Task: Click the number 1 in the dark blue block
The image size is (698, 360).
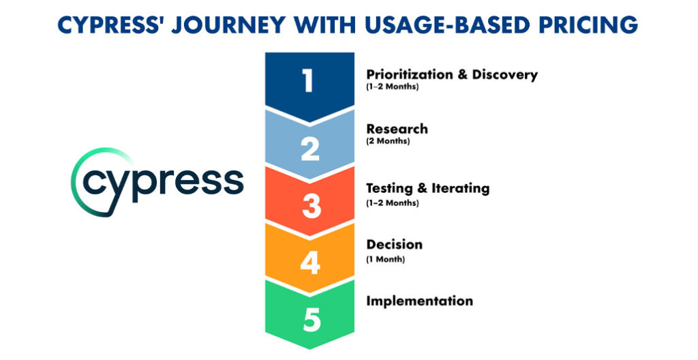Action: coord(309,80)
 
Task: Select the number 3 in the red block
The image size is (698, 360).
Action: coord(311,207)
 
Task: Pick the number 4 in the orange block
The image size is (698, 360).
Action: coord(310,263)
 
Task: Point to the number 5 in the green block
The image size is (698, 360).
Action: coord(311,320)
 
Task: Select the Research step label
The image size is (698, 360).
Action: coord(397,129)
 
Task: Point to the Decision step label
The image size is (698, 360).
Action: coord(394,244)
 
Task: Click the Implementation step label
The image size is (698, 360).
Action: coord(419,301)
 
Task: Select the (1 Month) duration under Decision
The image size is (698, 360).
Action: coord(385,258)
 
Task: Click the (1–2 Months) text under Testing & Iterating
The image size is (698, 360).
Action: coord(392,202)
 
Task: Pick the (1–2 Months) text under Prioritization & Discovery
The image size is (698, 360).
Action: coord(392,87)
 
